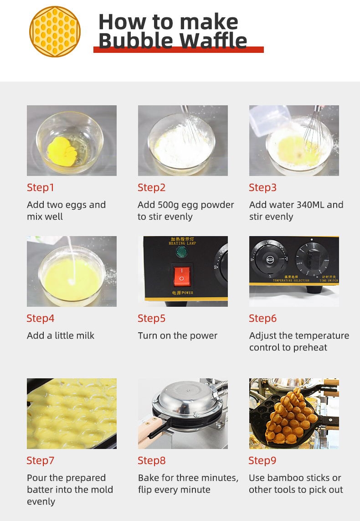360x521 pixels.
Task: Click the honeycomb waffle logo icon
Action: [x=55, y=31]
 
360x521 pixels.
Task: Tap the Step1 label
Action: [x=41, y=187]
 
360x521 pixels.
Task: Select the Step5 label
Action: [x=152, y=318]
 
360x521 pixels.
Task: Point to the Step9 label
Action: [x=262, y=460]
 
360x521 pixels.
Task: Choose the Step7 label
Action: [x=41, y=460]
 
